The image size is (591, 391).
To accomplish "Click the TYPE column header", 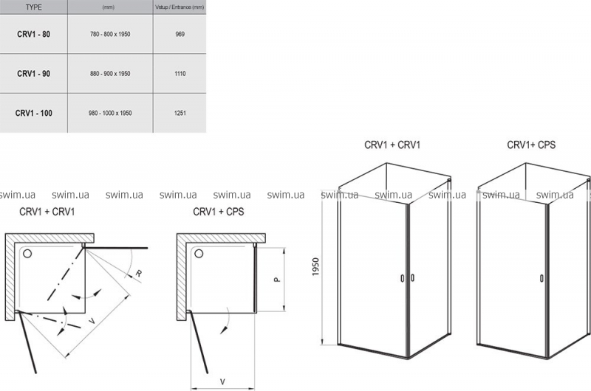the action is [33, 7].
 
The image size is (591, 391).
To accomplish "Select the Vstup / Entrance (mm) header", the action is [180, 7].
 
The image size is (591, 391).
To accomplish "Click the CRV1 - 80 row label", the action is [33, 34].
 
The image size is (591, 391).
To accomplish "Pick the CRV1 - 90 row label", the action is [33, 74].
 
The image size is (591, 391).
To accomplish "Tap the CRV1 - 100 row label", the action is [33, 113].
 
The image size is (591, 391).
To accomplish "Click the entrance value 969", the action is [180, 34].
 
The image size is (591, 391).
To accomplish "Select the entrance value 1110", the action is [180, 74].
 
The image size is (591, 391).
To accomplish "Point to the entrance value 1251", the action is [180, 113].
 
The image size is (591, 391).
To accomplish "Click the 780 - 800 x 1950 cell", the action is [110, 34].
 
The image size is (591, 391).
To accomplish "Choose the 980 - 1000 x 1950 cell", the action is [110, 113].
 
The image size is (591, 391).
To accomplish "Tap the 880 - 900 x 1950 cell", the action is [110, 74].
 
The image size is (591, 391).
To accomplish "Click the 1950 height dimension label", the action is [316, 266].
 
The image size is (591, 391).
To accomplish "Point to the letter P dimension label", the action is [277, 280].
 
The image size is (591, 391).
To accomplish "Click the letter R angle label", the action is [139, 273].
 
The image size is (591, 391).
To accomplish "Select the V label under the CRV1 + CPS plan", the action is [222, 382].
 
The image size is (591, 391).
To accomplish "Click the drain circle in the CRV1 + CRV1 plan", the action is [27, 253].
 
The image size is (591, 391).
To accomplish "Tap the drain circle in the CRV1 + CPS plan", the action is [199, 253].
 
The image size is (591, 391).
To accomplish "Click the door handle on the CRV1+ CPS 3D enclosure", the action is [542, 278].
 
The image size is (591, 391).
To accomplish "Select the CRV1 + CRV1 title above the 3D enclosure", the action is [392, 145].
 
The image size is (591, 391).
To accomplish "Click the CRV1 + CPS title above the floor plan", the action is [218, 212].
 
